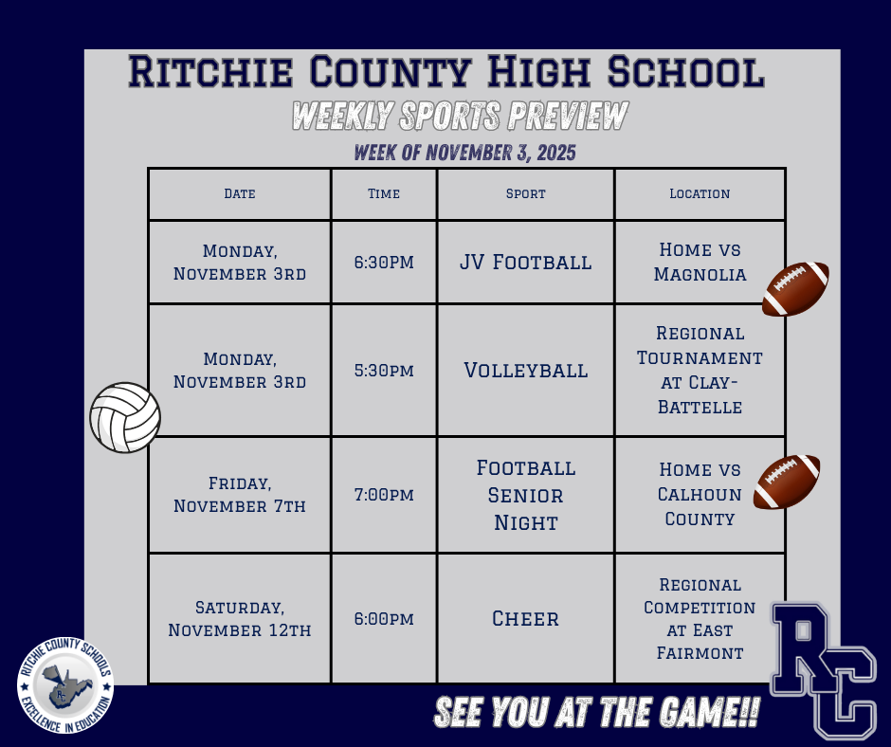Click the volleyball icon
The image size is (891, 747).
[125, 417]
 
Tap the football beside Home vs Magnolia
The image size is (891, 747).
[796, 288]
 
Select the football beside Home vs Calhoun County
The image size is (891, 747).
[787, 483]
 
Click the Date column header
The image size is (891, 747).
[240, 193]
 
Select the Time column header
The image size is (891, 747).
[384, 193]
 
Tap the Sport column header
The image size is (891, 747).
[526, 193]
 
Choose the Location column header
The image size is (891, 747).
[700, 193]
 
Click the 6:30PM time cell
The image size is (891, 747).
[384, 262]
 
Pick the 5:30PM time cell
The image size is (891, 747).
[384, 370]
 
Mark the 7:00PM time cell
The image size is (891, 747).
[384, 495]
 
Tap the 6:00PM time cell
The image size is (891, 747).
[384, 619]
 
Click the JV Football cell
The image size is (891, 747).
[526, 262]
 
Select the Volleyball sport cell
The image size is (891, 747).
[526, 370]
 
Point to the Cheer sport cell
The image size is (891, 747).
[526, 619]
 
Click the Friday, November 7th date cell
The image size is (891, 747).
[240, 495]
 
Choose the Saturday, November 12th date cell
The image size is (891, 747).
[240, 619]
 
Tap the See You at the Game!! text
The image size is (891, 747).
[596, 714]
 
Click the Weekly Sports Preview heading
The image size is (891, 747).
[460, 117]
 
